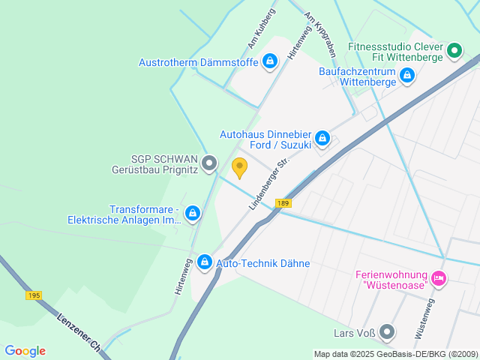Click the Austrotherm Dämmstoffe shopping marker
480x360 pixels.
point(270,61)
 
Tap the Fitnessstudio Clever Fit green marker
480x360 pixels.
point(454,51)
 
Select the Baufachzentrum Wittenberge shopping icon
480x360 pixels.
point(406,75)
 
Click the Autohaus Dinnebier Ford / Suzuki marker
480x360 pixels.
point(322,138)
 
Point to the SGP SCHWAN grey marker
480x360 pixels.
point(210,162)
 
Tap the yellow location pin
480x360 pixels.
point(240,168)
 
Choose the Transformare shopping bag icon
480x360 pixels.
point(193,214)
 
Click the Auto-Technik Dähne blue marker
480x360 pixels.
point(203,263)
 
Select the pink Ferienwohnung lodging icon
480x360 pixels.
point(439,280)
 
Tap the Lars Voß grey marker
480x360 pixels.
point(387,331)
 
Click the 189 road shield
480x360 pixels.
point(283,203)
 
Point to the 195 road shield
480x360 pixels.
point(34,295)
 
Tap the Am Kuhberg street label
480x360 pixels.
point(262,28)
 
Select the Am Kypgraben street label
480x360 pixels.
point(319,33)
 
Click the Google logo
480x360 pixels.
point(25,351)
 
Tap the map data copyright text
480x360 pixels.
point(395,354)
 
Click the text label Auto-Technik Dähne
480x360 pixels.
point(262,264)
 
